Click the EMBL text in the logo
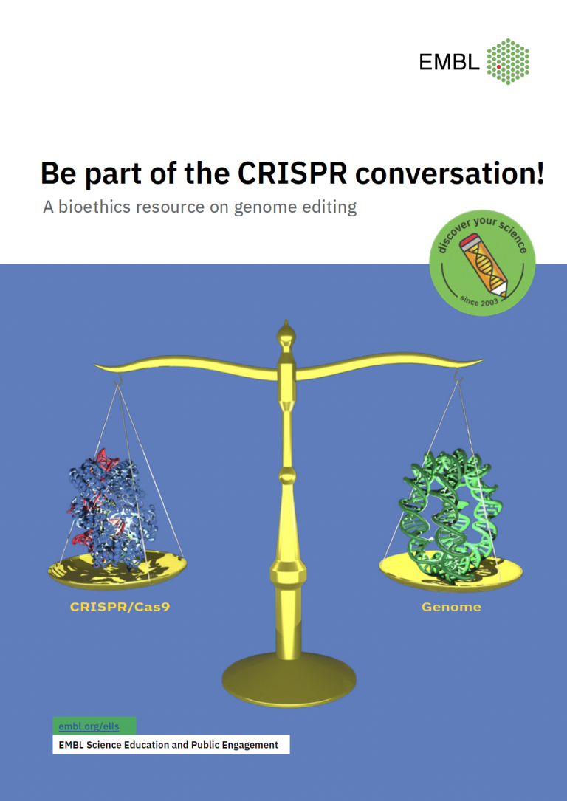[449, 62]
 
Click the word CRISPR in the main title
[293, 173]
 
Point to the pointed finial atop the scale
[285, 336]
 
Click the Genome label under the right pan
[451, 608]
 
